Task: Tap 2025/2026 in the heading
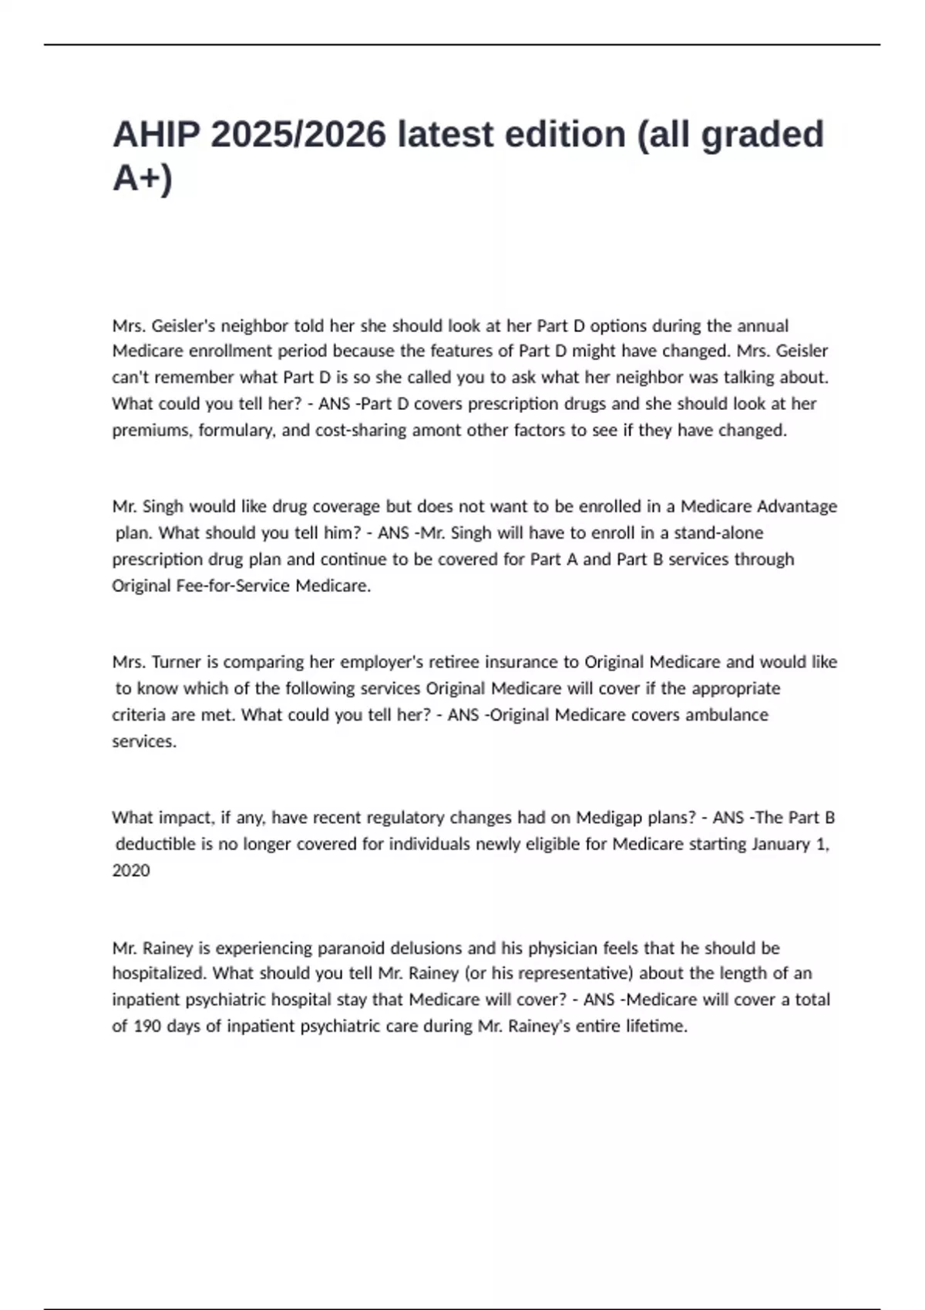[x=298, y=134]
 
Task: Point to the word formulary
[x=236, y=430]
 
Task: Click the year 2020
[x=131, y=870]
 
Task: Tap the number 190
[x=147, y=1026]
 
